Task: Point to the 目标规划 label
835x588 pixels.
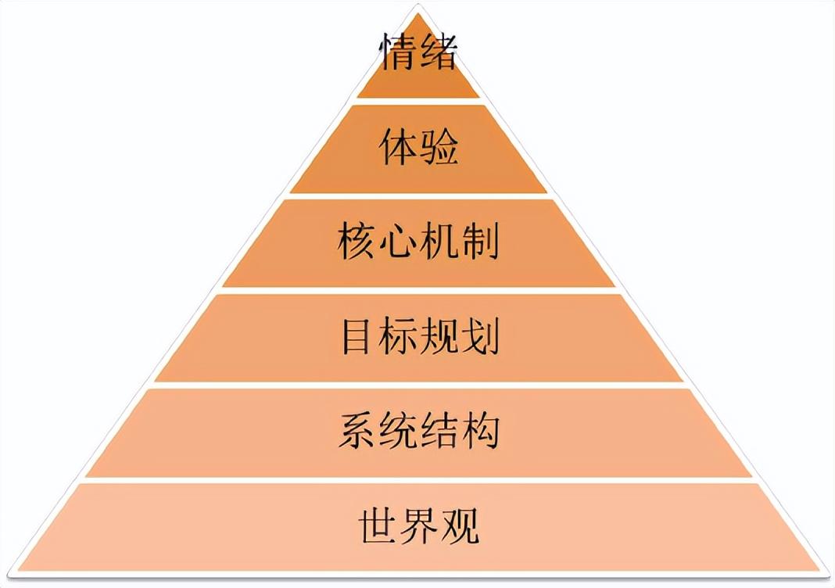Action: click(420, 337)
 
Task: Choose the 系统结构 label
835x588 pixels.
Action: click(418, 431)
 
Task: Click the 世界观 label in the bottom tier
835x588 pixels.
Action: click(418, 526)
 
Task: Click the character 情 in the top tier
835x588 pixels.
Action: click(398, 52)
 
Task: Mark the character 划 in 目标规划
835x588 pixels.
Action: click(480, 337)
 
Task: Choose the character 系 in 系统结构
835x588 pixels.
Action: click(358, 431)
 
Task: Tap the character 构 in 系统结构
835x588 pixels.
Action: click(479, 431)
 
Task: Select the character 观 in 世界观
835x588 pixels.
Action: click(459, 526)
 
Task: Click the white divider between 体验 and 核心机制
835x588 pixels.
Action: click(418, 195)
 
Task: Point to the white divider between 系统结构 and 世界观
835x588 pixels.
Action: click(418, 479)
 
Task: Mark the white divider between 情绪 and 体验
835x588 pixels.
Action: click(418, 101)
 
